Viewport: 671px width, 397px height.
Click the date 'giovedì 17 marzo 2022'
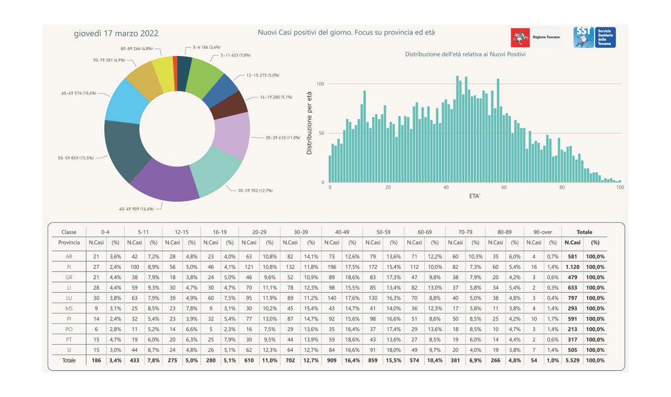pos(116,33)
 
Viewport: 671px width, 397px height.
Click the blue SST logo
pos(594,37)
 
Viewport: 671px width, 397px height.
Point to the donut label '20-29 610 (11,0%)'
pos(283,138)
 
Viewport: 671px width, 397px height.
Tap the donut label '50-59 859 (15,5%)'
pos(76,158)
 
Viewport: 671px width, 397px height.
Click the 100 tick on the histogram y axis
pos(320,84)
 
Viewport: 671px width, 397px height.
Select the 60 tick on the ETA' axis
pos(504,188)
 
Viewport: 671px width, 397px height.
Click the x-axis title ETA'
pos(474,196)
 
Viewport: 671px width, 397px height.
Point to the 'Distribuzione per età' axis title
pos(309,123)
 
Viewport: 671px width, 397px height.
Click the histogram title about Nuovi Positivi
pos(465,54)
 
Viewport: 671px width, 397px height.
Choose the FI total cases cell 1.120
pos(572,267)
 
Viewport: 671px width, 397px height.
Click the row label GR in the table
pos(69,277)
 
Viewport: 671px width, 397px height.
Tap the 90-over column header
pos(543,232)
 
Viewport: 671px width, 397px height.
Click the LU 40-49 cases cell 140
pos(332,298)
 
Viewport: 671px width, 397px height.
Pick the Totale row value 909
pos(332,360)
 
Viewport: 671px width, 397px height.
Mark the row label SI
pos(69,350)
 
